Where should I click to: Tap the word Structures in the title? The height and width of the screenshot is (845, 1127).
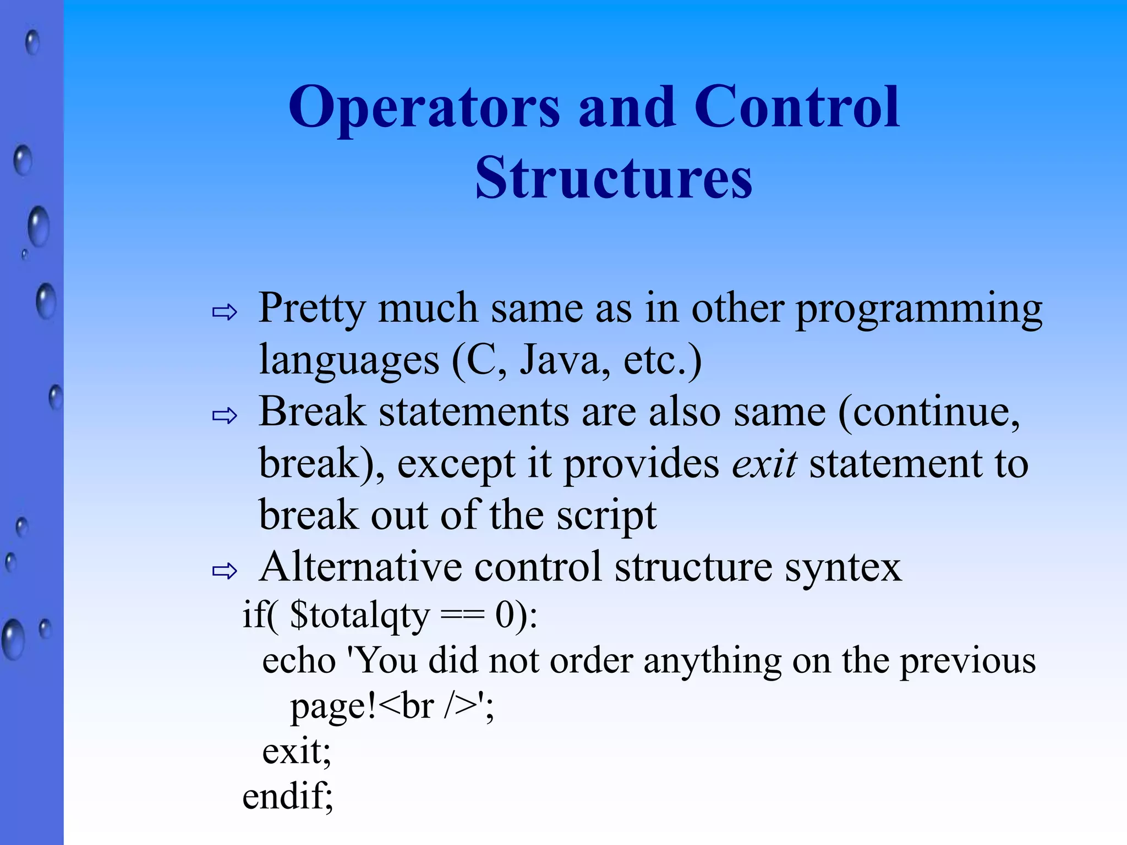(x=614, y=178)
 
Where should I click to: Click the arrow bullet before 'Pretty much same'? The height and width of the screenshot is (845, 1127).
(x=225, y=312)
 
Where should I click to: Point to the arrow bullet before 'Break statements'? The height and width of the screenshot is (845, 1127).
(x=225, y=416)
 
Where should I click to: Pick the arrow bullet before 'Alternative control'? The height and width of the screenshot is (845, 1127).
(x=225, y=571)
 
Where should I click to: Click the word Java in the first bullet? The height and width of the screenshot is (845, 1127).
(x=564, y=360)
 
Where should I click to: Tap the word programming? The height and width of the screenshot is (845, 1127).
(x=919, y=309)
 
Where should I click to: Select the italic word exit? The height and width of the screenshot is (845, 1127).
(x=764, y=463)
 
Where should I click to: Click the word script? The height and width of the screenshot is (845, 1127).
(x=605, y=515)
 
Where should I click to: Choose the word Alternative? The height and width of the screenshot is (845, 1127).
(x=360, y=567)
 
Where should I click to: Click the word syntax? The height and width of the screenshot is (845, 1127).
(x=843, y=568)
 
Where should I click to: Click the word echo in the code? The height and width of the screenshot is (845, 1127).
(x=299, y=661)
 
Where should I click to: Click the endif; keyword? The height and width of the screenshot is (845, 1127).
(x=287, y=797)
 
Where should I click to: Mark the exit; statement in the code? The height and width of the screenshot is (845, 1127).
(x=297, y=751)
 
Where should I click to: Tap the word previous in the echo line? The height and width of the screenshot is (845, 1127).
(x=967, y=661)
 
